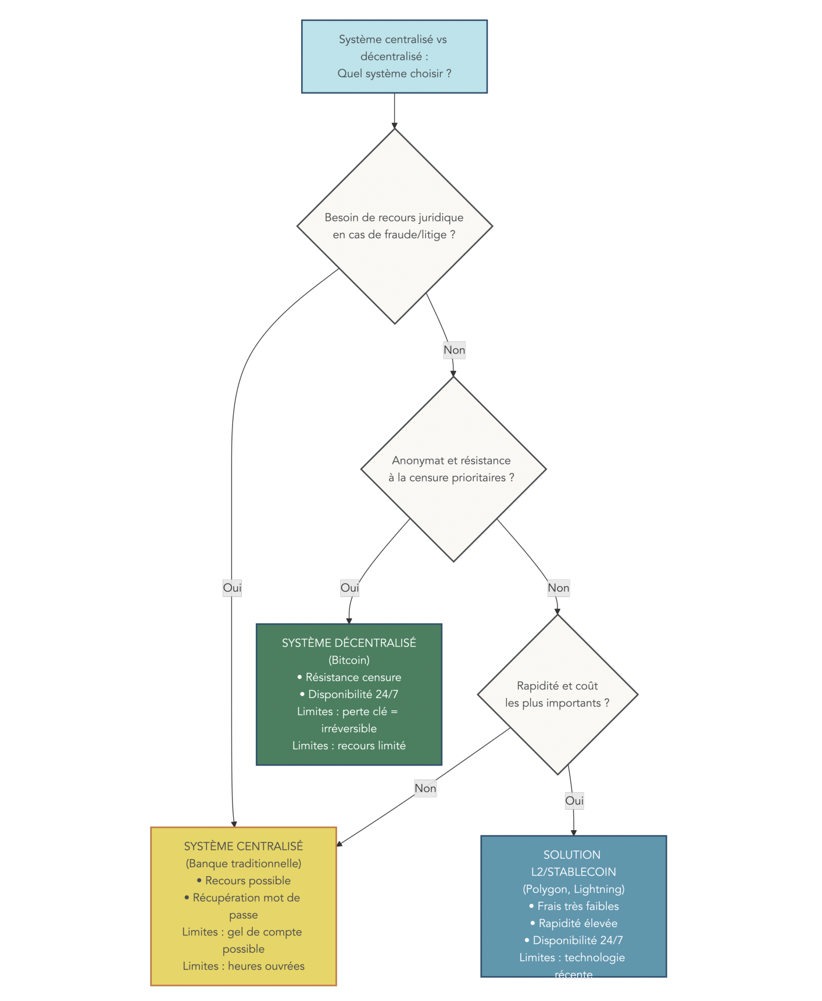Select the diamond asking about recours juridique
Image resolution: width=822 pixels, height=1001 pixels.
click(394, 226)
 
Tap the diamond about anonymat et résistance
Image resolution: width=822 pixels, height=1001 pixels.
click(453, 469)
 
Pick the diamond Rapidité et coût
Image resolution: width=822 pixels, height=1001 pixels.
click(557, 694)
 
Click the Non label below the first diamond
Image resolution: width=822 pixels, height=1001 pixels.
click(454, 350)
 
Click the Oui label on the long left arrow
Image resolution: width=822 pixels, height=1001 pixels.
click(232, 588)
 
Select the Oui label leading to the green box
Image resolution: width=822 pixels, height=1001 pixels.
click(349, 588)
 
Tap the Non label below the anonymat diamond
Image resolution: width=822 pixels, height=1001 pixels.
click(558, 588)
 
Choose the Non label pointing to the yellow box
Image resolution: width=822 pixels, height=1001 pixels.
click(425, 788)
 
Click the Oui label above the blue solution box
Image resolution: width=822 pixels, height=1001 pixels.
click(574, 800)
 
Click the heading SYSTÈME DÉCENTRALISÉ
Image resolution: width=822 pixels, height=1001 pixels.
click(349, 643)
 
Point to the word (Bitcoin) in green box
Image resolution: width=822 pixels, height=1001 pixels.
click(349, 660)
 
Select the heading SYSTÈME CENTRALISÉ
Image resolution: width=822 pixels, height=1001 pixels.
click(243, 846)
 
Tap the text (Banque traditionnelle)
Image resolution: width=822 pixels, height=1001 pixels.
click(243, 863)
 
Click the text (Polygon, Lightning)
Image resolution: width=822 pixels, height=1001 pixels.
click(573, 889)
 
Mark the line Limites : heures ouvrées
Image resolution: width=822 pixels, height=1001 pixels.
click(243, 966)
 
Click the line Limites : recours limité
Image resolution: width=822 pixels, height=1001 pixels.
click(349, 745)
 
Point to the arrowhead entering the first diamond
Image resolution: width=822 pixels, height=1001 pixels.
click(394, 125)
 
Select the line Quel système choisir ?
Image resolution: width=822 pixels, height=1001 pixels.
click(394, 73)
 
